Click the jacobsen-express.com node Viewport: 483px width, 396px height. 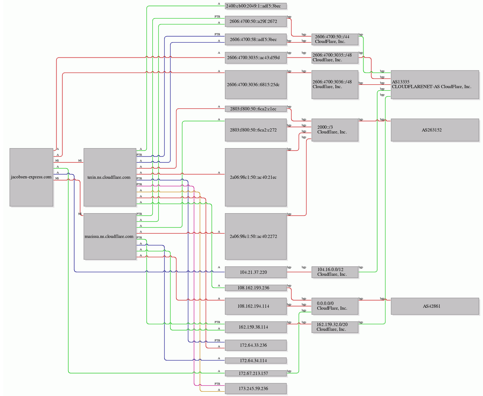[x=32, y=177]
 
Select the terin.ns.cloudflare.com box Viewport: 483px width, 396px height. [x=110, y=177]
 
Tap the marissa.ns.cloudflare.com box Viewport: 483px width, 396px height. [x=110, y=236]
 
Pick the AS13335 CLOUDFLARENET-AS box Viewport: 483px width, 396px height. [x=435, y=85]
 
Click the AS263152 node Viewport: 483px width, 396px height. [x=435, y=130]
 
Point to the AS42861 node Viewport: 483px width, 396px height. [x=435, y=306]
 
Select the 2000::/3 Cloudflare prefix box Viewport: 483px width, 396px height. [x=335, y=130]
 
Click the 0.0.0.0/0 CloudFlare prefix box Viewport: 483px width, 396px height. [x=335, y=306]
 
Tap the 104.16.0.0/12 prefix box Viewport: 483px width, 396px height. [x=335, y=272]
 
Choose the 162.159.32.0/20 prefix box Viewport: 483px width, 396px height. [x=335, y=327]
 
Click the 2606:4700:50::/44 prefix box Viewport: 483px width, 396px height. [x=335, y=39]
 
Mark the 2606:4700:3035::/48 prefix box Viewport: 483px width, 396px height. [x=335, y=58]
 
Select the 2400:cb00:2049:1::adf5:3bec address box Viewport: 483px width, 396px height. [x=256, y=6]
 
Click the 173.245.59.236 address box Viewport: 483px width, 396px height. [x=256, y=389]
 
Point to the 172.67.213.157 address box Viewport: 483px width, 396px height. [x=256, y=374]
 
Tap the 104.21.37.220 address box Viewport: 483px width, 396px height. [x=256, y=272]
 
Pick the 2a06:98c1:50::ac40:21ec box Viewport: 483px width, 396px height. [x=256, y=177]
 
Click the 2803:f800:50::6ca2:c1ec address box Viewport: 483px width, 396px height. [x=256, y=109]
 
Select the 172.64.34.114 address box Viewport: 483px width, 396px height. [x=256, y=361]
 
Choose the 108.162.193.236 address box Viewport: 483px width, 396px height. [x=256, y=288]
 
